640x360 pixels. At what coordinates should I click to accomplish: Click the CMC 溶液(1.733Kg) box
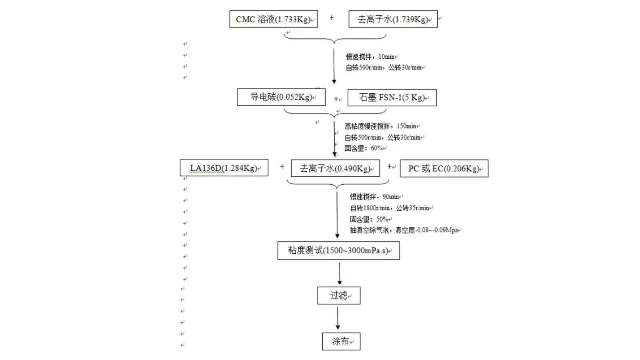(x=274, y=19)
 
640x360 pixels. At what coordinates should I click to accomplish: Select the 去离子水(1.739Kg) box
(x=393, y=19)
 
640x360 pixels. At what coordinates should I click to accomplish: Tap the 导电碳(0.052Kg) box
(x=281, y=97)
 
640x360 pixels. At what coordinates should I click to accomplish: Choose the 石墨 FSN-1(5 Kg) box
(x=392, y=98)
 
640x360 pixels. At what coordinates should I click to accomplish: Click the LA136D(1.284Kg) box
(x=224, y=168)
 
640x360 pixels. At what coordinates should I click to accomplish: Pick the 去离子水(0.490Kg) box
(x=335, y=168)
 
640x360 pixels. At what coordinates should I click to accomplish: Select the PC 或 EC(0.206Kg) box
(x=444, y=168)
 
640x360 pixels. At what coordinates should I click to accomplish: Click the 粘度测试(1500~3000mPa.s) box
(x=338, y=251)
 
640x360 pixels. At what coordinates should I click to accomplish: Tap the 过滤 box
(x=339, y=296)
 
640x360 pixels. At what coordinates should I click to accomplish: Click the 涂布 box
(x=341, y=342)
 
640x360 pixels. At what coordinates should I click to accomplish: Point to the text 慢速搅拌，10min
(x=370, y=57)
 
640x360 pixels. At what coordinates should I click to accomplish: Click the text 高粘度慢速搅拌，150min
(x=380, y=126)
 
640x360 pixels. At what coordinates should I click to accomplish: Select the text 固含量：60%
(x=364, y=148)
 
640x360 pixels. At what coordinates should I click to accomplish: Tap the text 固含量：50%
(x=369, y=219)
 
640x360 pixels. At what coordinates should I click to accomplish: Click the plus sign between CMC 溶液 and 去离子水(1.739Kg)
(x=332, y=18)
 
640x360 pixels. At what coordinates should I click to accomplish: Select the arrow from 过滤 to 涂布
(x=338, y=318)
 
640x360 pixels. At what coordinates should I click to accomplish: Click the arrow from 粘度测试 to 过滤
(x=340, y=273)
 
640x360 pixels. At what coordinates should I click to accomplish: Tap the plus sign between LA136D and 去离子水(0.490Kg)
(x=282, y=166)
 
